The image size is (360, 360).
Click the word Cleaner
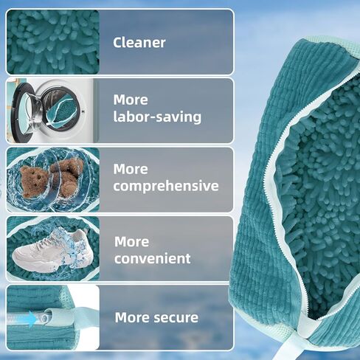[139, 43]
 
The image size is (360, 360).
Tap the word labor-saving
[157, 117]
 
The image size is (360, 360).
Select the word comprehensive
[166, 186]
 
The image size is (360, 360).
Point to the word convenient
[153, 258]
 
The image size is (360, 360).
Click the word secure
[176, 318]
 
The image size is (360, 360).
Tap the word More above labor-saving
[131, 100]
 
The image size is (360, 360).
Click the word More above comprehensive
[131, 169]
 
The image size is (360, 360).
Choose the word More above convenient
[131, 242]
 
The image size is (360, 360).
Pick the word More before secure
[132, 318]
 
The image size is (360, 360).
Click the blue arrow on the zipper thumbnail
[32, 319]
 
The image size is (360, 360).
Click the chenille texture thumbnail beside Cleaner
[53, 42]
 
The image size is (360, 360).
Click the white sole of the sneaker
[49, 265]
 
